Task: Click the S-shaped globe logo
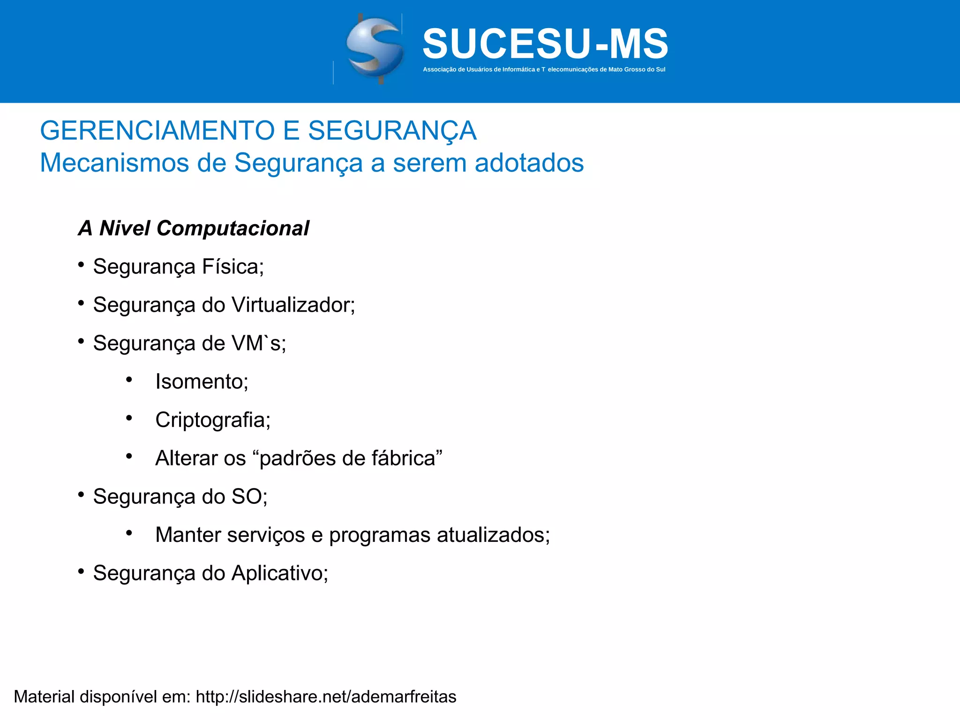point(375,49)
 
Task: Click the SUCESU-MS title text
point(545,44)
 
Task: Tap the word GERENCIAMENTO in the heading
point(157,130)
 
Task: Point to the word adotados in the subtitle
point(529,163)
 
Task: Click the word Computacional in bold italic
point(232,228)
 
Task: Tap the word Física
point(232,267)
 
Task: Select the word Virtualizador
point(293,305)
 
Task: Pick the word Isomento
point(202,382)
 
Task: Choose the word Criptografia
point(212,420)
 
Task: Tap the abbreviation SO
point(249,496)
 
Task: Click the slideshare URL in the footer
point(326,697)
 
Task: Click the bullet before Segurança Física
point(81,265)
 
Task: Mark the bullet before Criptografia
point(129,418)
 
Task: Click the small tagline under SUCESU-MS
point(544,69)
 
